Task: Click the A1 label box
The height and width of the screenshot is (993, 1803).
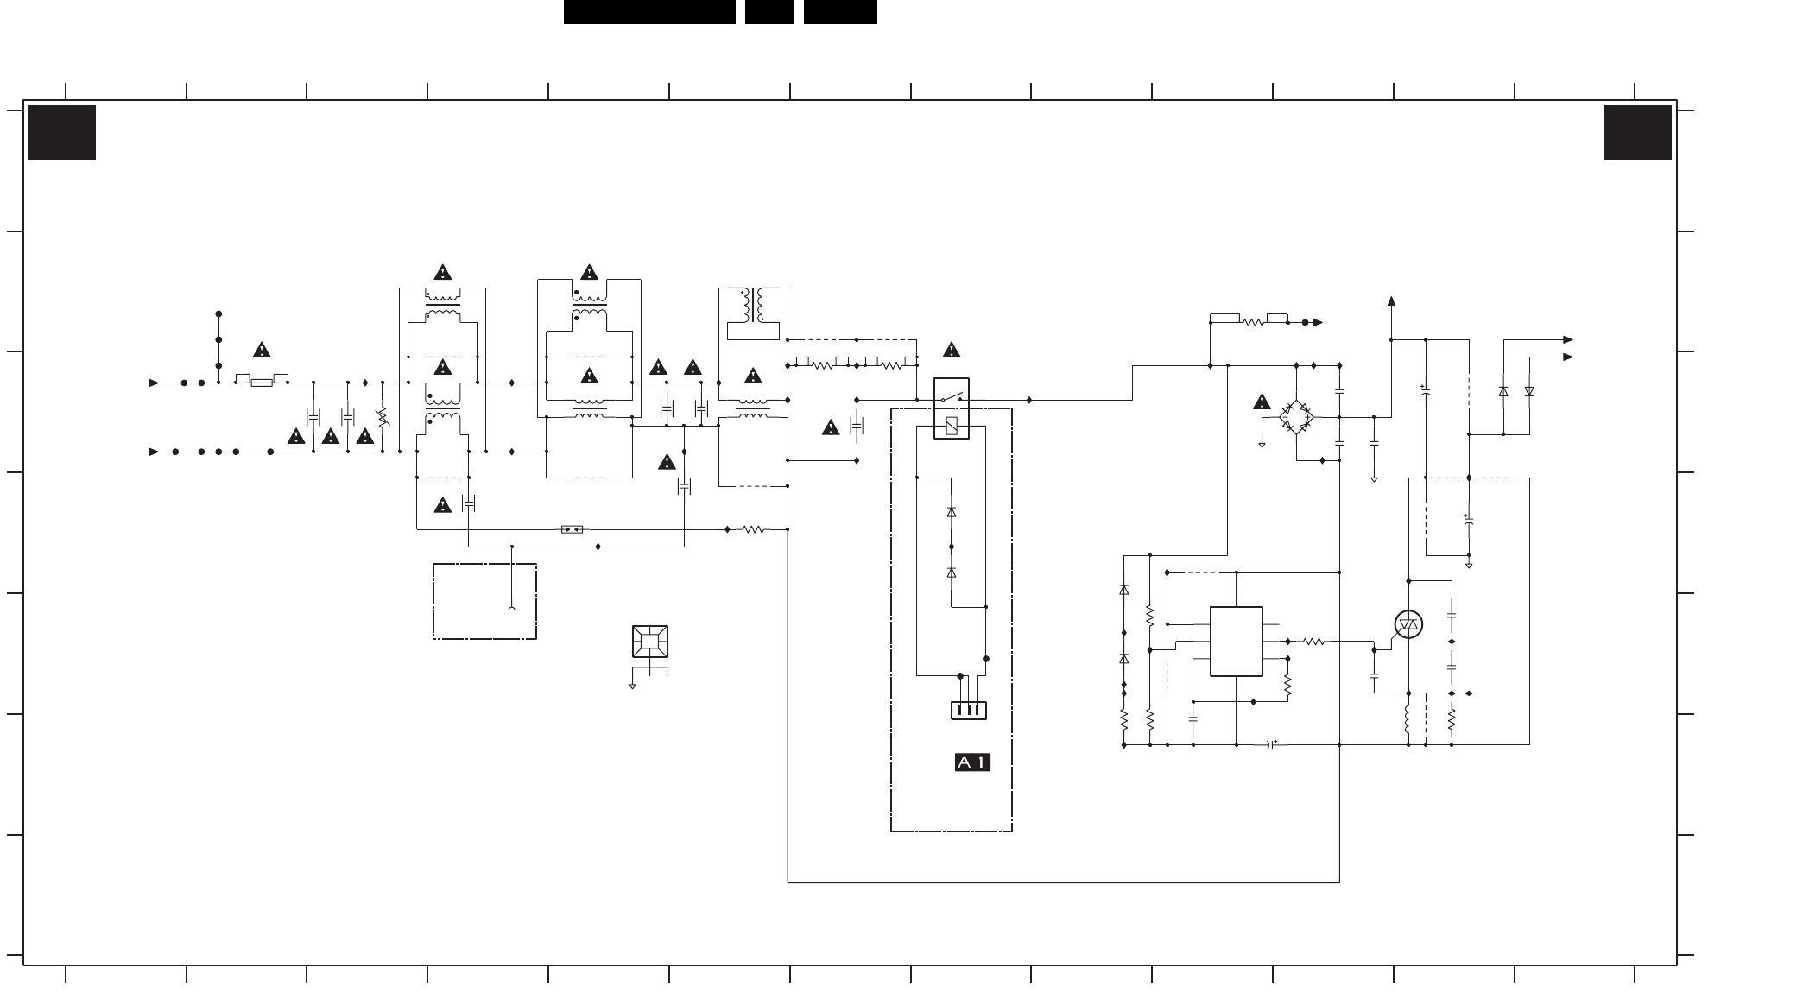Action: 971,762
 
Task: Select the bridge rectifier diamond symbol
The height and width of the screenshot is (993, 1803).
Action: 1296,417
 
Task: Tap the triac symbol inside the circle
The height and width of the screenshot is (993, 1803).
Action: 1408,624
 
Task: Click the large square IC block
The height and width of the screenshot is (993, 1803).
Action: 1237,642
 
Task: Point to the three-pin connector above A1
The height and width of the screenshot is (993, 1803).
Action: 968,711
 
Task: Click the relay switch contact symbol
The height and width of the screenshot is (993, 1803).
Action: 951,397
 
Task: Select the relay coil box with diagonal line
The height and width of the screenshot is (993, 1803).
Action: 952,425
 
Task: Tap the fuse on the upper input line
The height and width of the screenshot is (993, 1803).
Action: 262,383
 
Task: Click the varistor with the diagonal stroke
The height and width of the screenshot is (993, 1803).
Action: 383,417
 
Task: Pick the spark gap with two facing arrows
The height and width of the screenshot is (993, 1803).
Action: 572,529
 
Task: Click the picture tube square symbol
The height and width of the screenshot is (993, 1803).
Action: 649,642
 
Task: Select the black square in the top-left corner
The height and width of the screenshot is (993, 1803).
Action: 62,132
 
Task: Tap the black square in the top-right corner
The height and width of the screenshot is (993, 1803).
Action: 1638,132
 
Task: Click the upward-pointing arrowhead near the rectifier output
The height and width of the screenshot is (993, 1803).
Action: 1391,300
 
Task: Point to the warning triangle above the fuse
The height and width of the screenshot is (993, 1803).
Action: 262,350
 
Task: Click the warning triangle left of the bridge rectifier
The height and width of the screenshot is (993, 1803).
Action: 1262,402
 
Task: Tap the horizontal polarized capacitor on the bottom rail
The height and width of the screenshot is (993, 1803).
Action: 1271,744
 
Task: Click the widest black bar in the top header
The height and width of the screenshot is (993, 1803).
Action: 649,12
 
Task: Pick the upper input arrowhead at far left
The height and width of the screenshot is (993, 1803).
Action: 154,383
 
